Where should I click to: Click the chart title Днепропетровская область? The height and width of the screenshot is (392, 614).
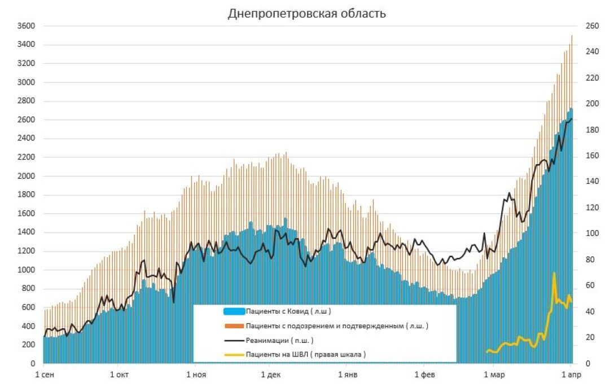(306, 13)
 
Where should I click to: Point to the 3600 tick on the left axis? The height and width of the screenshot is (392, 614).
(27, 26)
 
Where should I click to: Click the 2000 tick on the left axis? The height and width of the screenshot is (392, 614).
(27, 176)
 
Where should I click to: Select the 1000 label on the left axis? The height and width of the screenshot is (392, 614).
(27, 270)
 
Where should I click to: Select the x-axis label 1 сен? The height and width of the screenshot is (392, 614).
(45, 375)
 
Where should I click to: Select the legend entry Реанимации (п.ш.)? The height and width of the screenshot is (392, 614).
(279, 341)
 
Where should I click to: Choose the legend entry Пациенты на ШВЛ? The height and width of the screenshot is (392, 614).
(305, 355)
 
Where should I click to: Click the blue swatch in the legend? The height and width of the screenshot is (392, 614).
(234, 311)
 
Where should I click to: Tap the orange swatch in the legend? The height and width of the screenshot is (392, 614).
(234, 326)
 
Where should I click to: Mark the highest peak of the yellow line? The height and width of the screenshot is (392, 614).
(554, 273)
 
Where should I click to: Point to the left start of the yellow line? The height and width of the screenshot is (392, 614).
(486, 352)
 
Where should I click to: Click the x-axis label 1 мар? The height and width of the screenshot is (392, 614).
(494, 375)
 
